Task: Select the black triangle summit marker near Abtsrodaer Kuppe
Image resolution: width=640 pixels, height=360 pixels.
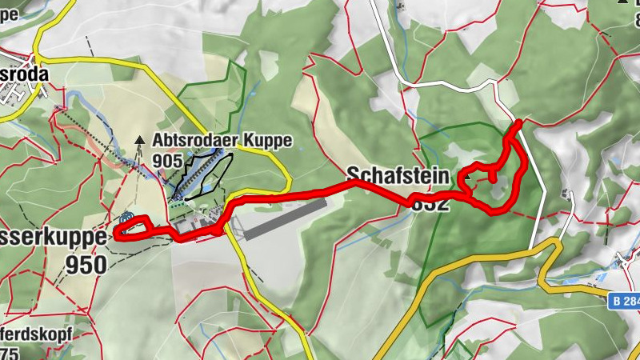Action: (x=140, y=140)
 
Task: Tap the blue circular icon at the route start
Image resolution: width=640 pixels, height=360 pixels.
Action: (x=126, y=217)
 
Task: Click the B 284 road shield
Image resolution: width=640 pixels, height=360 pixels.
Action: (x=623, y=299)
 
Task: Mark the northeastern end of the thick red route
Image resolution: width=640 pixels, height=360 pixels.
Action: (x=519, y=122)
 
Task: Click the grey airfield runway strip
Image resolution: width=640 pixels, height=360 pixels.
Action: (x=284, y=219)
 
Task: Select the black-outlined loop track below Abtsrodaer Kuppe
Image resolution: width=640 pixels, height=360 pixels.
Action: (x=204, y=173)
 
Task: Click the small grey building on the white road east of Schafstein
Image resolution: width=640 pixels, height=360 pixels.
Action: (x=568, y=194)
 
